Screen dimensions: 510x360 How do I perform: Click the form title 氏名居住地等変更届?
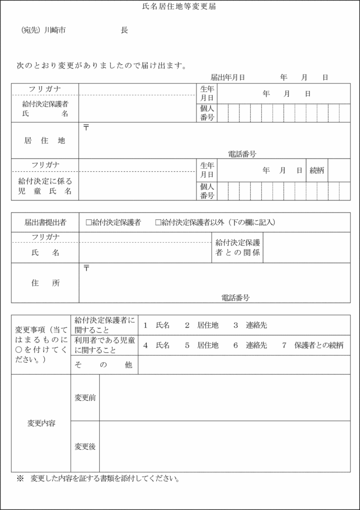click(179, 7)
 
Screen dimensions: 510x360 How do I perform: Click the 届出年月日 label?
click(228, 77)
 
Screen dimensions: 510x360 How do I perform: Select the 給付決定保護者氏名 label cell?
click(45, 109)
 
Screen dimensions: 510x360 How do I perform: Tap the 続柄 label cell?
click(317, 170)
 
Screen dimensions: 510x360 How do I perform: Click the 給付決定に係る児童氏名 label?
click(45, 186)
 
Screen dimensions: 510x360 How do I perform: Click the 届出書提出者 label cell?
click(45, 222)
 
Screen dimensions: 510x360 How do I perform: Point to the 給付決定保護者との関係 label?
click(238, 247)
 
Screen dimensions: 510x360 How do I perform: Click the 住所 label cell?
click(45, 283)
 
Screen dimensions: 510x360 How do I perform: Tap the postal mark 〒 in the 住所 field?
click(86, 268)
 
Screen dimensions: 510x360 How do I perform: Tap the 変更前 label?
click(85, 398)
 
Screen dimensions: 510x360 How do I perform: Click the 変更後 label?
click(85, 446)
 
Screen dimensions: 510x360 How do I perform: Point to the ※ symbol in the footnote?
click(20, 478)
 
